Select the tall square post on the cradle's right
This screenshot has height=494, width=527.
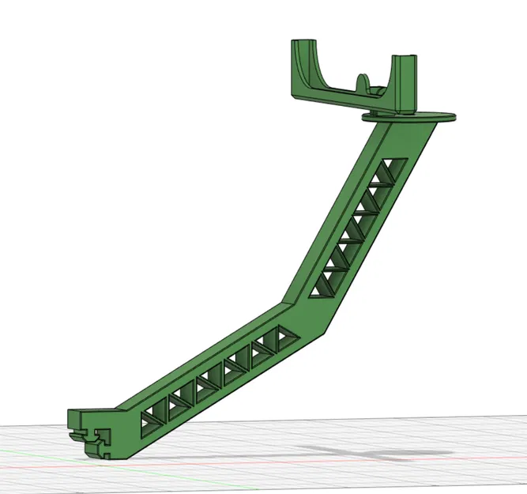[x=405, y=85]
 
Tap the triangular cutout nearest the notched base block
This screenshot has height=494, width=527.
[x=152, y=423]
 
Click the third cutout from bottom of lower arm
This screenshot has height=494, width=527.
[x=209, y=386]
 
